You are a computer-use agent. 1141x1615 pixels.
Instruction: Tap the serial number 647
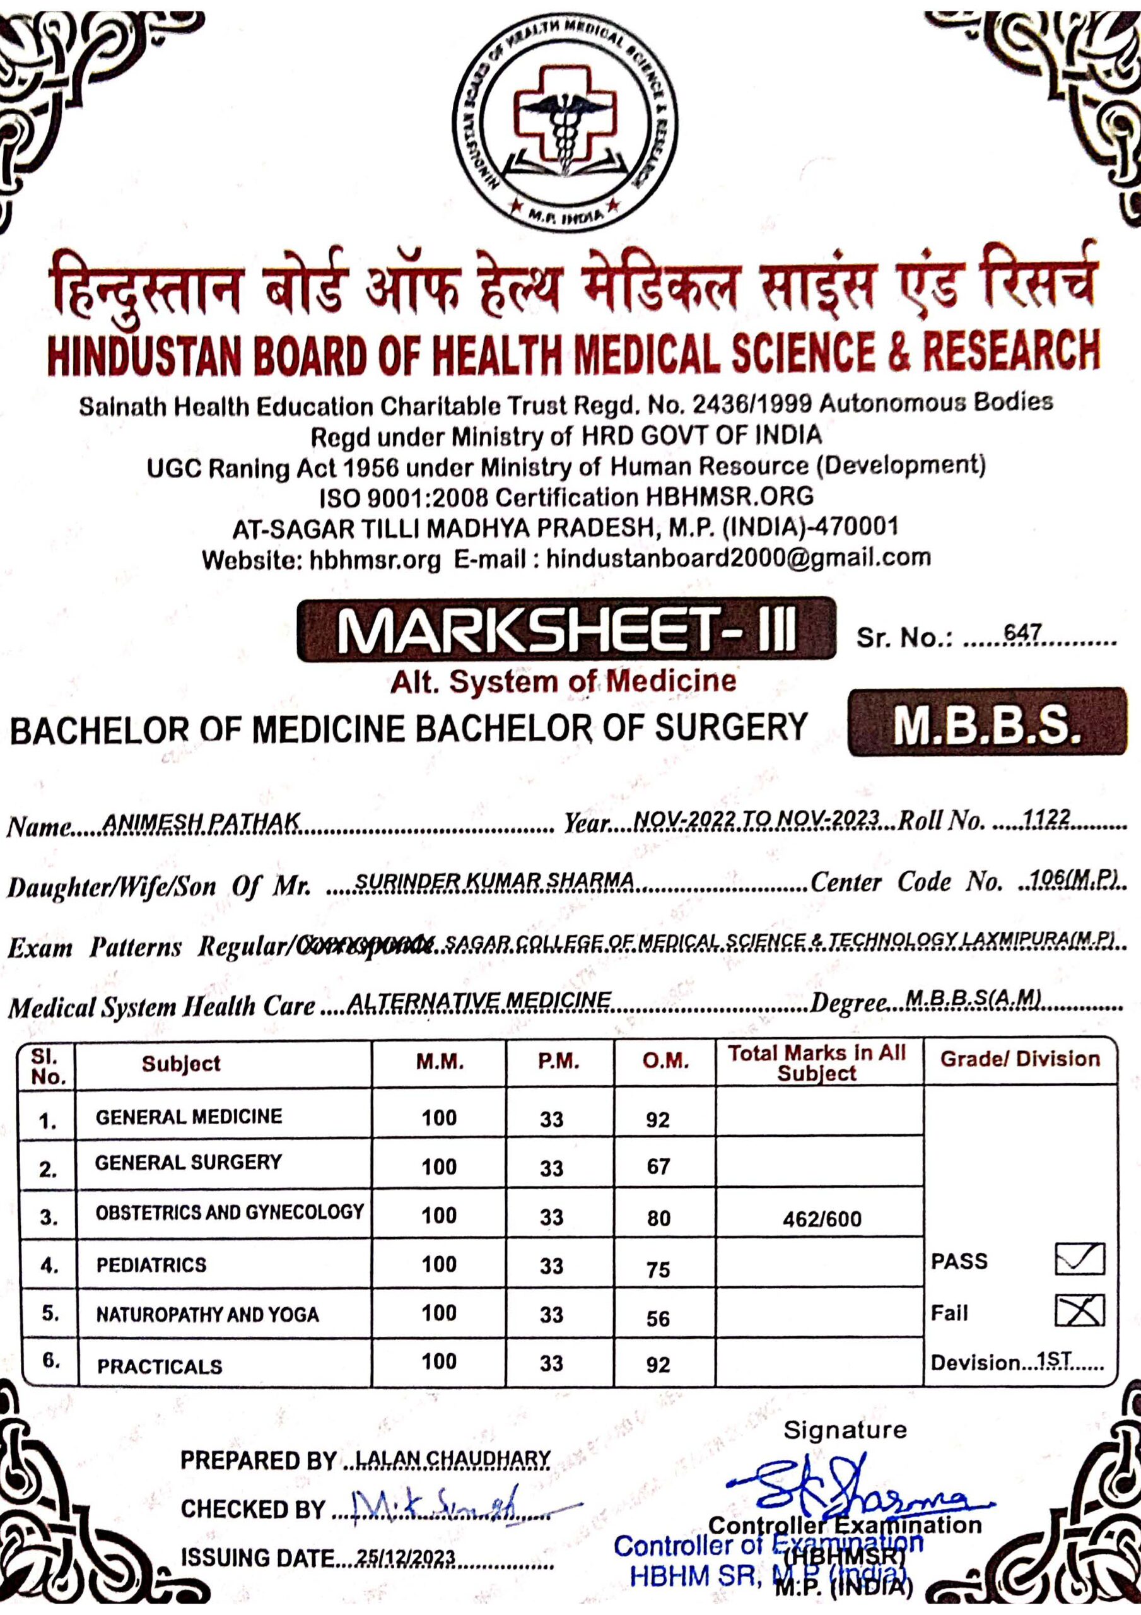click(x=1022, y=633)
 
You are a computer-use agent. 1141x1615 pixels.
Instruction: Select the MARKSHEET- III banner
click(x=566, y=630)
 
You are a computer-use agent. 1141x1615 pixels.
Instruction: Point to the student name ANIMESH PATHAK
click(x=201, y=821)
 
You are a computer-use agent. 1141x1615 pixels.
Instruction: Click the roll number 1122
click(x=1047, y=818)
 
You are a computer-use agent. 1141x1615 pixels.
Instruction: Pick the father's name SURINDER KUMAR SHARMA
click(x=494, y=881)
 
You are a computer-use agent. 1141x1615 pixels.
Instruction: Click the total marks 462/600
click(x=822, y=1219)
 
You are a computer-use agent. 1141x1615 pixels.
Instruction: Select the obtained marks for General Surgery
click(x=658, y=1167)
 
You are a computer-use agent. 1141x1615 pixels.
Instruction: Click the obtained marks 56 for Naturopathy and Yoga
click(x=658, y=1319)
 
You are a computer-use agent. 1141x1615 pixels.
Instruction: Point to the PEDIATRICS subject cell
click(x=151, y=1266)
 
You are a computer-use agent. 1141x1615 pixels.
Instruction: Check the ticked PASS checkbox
click(x=1079, y=1259)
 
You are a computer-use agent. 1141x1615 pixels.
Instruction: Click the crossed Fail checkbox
click(x=1079, y=1310)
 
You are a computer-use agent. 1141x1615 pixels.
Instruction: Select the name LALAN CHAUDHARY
click(x=453, y=1460)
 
